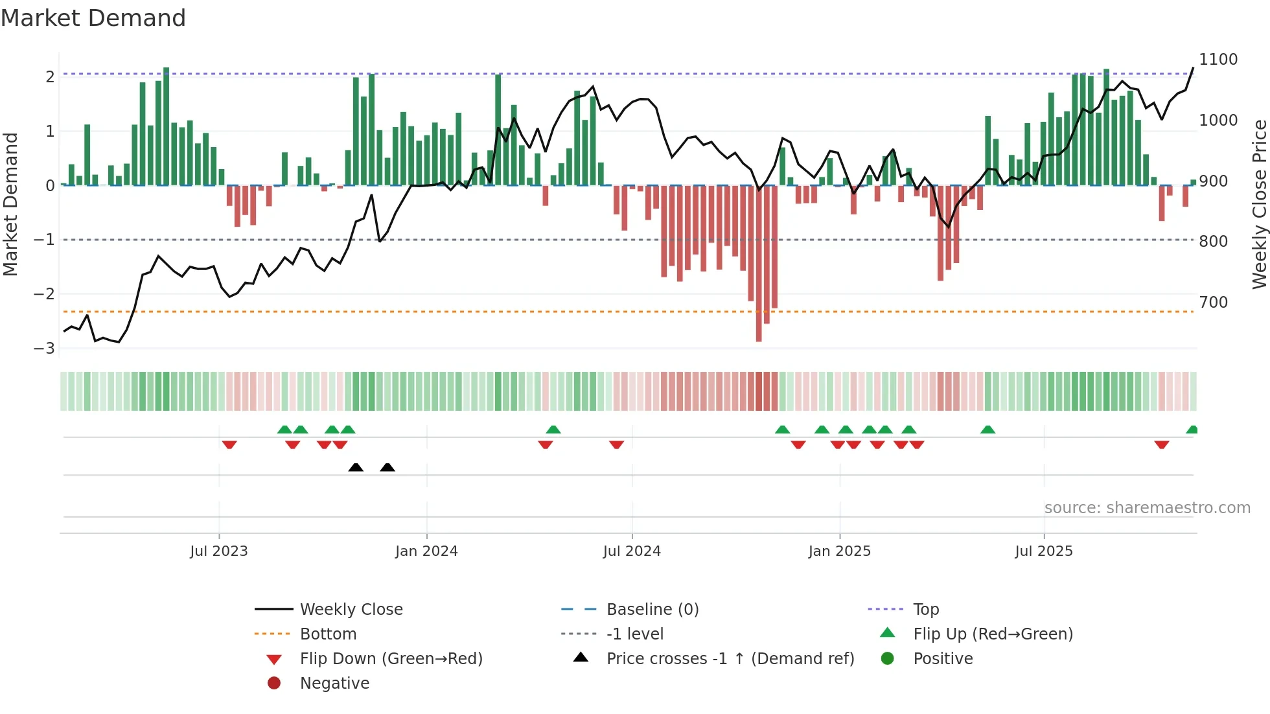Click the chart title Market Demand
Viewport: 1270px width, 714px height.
coord(93,18)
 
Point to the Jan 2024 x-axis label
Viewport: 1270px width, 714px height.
coord(426,551)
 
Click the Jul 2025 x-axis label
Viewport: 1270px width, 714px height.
coord(1043,551)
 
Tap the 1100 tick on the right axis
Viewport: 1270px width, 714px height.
coord(1218,60)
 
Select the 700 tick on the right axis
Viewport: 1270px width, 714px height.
coord(1213,302)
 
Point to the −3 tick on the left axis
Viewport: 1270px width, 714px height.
coord(44,348)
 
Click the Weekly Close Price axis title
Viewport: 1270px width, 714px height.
coord(1259,204)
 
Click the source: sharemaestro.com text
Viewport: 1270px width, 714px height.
coord(1147,507)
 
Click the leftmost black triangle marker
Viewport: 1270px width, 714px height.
coord(356,467)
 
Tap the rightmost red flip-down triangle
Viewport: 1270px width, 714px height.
coord(1161,444)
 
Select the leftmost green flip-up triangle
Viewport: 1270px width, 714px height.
coord(284,430)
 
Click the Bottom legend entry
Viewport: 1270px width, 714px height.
coord(328,634)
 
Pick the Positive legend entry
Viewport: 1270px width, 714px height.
coord(942,658)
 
